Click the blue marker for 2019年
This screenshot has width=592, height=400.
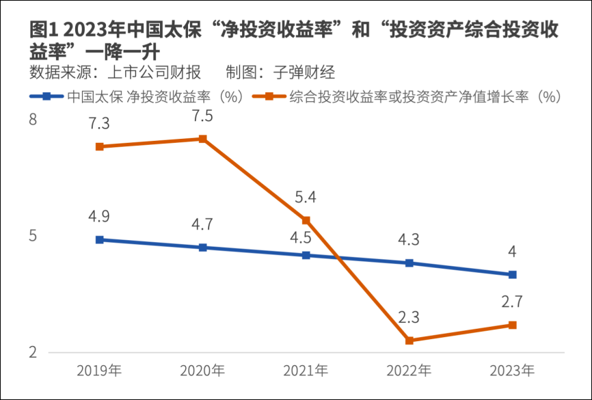pyautogui.click(x=100, y=240)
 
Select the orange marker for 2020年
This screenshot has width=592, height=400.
pyautogui.click(x=203, y=139)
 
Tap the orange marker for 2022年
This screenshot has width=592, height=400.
pyautogui.click(x=409, y=341)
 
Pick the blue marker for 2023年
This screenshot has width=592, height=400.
pyautogui.click(x=513, y=275)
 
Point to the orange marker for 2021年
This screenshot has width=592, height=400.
pyautogui.click(x=306, y=220)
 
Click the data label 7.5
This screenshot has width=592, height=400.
pyautogui.click(x=203, y=116)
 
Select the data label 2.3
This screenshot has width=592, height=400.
pyautogui.click(x=409, y=318)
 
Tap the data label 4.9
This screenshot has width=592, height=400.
pyautogui.click(x=100, y=217)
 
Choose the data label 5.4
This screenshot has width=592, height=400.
pyautogui.click(x=306, y=198)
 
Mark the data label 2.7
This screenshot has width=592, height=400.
pyautogui.click(x=513, y=302)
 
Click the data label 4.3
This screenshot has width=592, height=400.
pyautogui.click(x=409, y=241)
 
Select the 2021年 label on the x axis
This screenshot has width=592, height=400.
pyautogui.click(x=306, y=372)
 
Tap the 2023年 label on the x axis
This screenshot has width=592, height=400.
pyautogui.click(x=513, y=372)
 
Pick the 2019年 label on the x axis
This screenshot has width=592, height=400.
pyautogui.click(x=100, y=372)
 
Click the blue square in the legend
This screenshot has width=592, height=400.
pyautogui.click(x=46, y=96)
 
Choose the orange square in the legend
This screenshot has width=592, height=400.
pyautogui.click(x=270, y=96)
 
